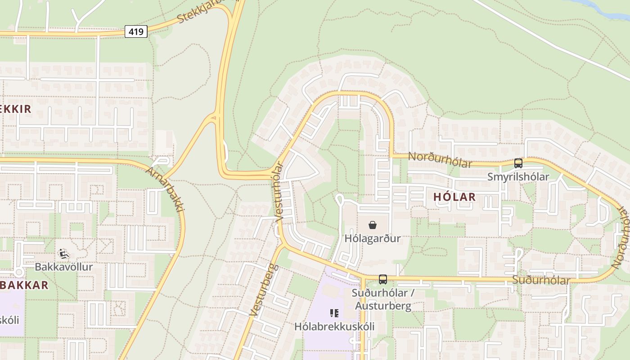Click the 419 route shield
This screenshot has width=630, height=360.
point(136,31)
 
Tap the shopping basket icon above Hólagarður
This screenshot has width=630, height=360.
point(373,225)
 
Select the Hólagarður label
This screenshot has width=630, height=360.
point(373,238)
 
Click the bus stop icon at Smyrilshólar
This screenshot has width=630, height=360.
point(518,163)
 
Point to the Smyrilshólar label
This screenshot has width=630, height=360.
point(518,177)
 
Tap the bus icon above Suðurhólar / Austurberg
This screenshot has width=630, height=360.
point(383,279)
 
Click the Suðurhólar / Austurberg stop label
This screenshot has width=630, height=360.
point(382,300)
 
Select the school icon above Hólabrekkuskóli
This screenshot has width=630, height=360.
point(334,313)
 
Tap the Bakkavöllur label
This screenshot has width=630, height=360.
point(64,267)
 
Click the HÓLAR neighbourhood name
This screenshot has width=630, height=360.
point(454,197)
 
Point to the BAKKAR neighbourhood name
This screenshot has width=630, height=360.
point(25,285)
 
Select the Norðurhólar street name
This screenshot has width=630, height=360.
point(440,159)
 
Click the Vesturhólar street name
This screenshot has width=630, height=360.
point(279,191)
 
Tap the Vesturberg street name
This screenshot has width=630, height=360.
point(264,291)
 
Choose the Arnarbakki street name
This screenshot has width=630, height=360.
point(166,189)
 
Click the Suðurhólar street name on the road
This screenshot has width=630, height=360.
point(541,280)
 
